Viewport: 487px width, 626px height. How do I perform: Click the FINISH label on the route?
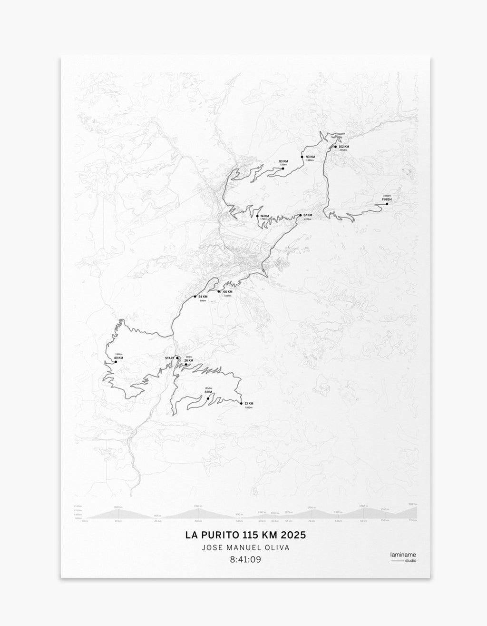(386, 199)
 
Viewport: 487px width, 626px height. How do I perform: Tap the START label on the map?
(169, 358)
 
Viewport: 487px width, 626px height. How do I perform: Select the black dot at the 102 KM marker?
(335, 147)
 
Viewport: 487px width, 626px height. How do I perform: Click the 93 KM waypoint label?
(311, 157)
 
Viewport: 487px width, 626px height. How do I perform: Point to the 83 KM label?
(284, 161)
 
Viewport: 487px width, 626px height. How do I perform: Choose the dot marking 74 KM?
(258, 216)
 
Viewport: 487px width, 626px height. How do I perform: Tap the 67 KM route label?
(307, 216)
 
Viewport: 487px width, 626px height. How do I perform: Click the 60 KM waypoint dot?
(219, 291)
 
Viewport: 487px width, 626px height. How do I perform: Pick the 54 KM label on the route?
(203, 297)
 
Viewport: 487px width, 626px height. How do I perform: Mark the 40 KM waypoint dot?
(116, 362)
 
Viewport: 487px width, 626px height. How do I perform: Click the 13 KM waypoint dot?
(242, 404)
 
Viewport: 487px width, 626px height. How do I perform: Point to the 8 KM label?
(208, 392)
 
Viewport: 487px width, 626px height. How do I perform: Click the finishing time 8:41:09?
(245, 559)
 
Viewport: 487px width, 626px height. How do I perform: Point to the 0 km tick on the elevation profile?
(85, 521)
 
